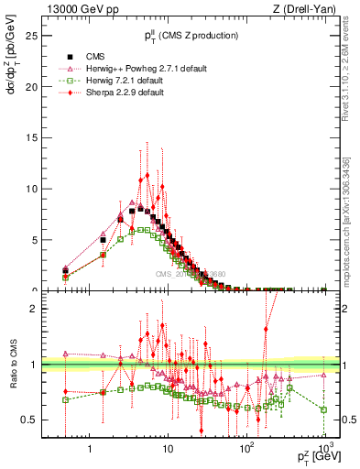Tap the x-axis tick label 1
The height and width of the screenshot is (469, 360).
pos(90,450)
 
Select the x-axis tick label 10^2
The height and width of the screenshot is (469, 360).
pos(245,449)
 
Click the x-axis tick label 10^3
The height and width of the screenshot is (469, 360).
pos(323,449)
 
